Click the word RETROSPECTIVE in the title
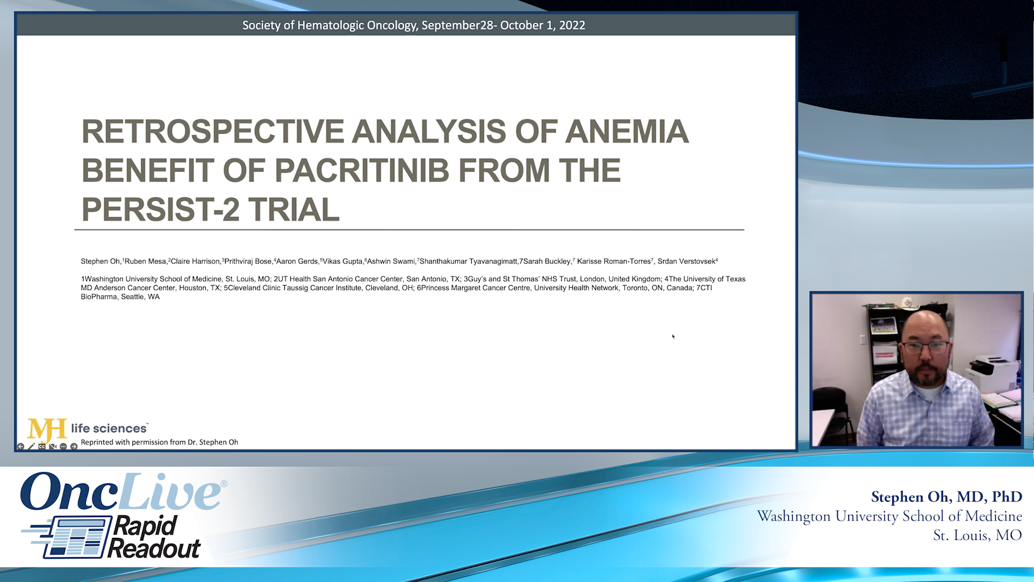[x=213, y=131]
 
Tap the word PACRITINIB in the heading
[x=361, y=171]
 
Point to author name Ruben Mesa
[x=145, y=261]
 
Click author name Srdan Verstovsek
[x=686, y=261]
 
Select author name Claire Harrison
[x=195, y=261]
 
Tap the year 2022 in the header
[x=571, y=25]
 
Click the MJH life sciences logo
[x=86, y=429]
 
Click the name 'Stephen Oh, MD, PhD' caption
[x=946, y=497]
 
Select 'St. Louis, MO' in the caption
[x=977, y=536]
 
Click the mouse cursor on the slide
[x=673, y=336]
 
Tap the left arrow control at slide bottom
[x=20, y=446]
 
